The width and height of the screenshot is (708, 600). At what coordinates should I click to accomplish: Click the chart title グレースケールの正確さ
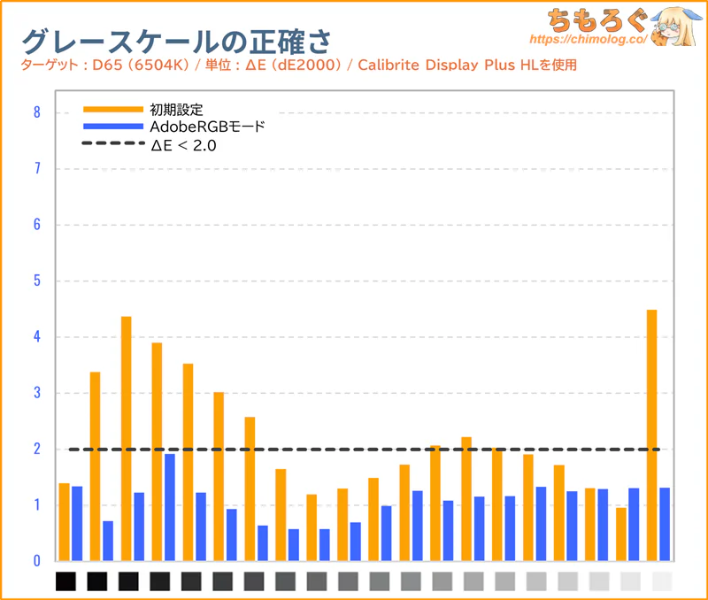177,41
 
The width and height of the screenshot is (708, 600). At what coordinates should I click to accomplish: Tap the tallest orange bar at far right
652,434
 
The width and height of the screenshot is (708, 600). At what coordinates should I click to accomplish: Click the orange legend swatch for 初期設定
112,109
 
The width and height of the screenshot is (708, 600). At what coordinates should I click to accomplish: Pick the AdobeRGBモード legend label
207,127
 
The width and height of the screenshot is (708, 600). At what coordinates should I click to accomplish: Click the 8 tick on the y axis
36,112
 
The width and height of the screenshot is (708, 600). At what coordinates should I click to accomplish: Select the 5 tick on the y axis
36,281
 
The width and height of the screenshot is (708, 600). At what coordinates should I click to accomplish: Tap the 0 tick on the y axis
36,561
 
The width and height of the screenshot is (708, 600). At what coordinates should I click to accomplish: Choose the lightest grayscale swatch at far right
661,581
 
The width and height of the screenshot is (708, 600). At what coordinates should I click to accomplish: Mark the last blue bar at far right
665,524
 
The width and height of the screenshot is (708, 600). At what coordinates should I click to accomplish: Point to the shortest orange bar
621,534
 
